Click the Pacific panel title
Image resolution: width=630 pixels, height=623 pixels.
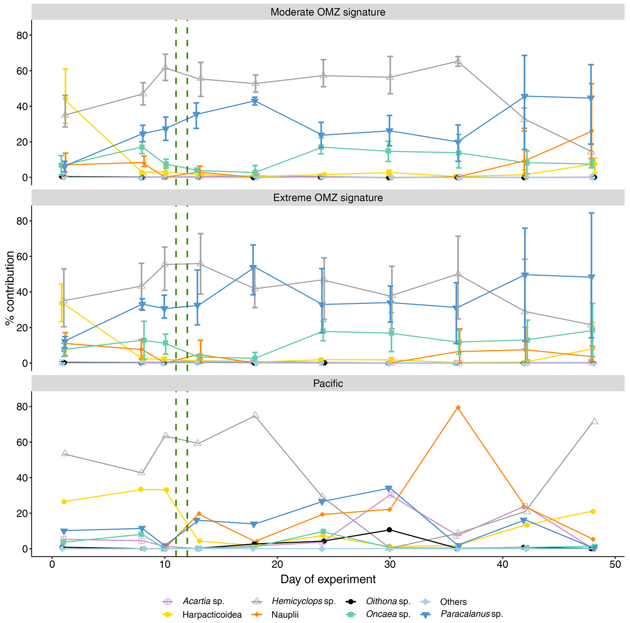pos(328,383)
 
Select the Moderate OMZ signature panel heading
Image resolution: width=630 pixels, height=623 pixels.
pos(328,13)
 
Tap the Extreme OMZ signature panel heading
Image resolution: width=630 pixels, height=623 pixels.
pos(328,198)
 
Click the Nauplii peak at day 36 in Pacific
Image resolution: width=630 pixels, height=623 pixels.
pos(458,407)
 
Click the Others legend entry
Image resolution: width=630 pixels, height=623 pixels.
pos(453,601)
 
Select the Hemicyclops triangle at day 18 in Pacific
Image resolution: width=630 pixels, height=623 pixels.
pos(256,415)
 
